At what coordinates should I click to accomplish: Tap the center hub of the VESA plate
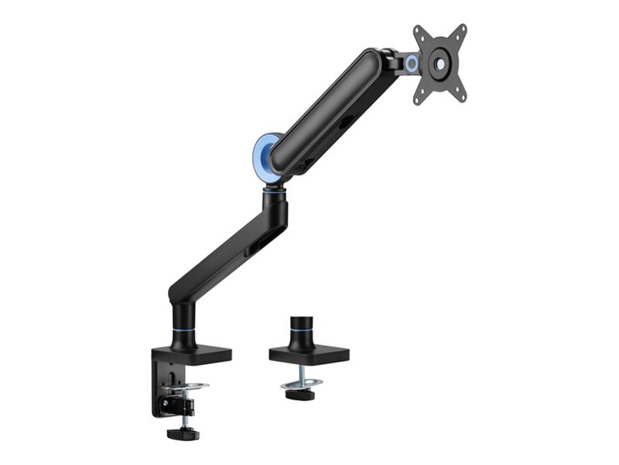pyautogui.click(x=439, y=64)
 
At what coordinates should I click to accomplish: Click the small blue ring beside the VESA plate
pyautogui.click(x=411, y=64)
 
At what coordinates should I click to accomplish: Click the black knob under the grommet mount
pyautogui.click(x=298, y=394)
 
